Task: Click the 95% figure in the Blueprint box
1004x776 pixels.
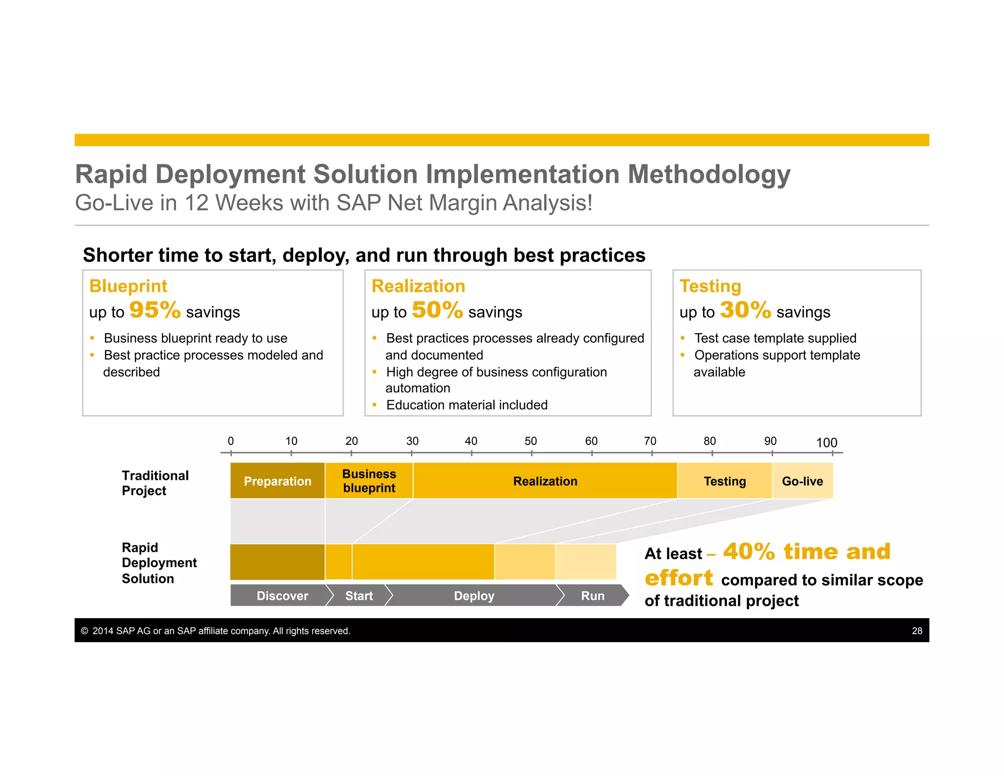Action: pos(155,310)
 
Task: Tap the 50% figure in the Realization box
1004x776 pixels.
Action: pos(437,310)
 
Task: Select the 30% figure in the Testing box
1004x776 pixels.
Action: pos(745,310)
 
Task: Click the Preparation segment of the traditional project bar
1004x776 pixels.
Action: pos(277,481)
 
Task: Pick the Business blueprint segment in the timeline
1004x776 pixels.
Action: pos(369,481)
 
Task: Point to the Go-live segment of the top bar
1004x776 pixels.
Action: pos(803,481)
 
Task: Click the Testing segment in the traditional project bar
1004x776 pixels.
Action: pos(725,481)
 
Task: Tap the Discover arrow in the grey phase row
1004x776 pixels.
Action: pos(282,595)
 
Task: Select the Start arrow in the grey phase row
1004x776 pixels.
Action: pos(359,595)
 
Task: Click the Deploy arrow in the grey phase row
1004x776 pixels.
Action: pos(474,595)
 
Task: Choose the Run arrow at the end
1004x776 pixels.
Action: pos(593,595)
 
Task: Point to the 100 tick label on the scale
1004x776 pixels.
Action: pos(827,442)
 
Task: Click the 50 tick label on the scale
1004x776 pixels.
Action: pos(531,441)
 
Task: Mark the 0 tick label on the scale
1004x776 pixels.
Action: pos(231,441)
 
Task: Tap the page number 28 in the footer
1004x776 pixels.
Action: pos(917,631)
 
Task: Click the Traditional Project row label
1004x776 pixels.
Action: pos(155,483)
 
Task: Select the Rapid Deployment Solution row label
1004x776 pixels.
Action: pos(159,563)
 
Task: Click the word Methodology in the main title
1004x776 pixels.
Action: pos(709,175)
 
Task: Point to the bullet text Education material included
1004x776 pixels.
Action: pos(467,405)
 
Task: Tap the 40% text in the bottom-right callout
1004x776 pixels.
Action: pos(749,552)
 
